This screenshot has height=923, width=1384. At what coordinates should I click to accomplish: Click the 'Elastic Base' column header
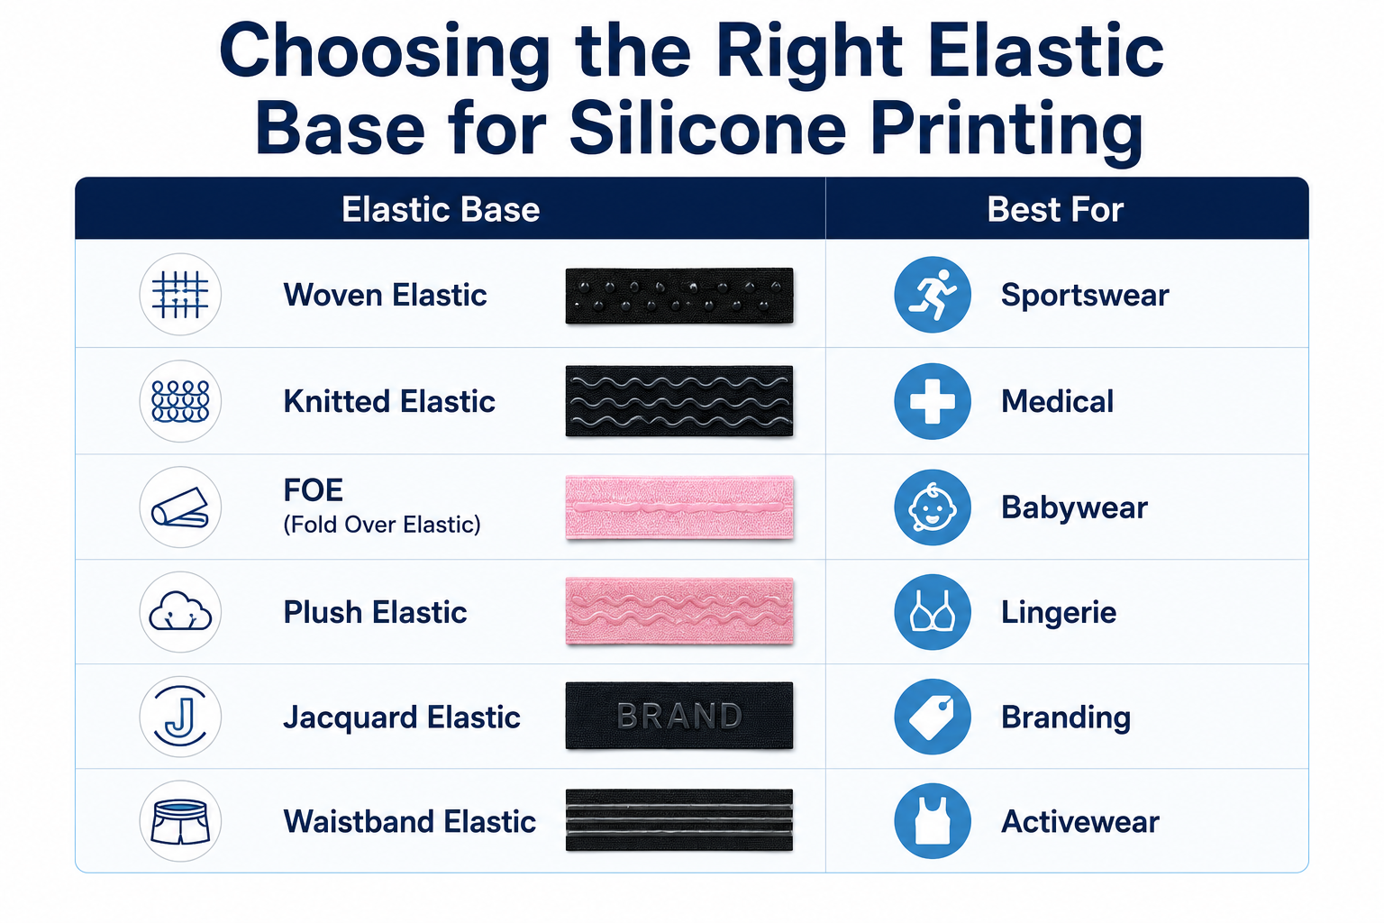coord(441,209)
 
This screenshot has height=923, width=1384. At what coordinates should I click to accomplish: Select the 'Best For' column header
coord(1055,209)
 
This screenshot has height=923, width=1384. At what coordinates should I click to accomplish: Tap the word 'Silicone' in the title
coord(707,129)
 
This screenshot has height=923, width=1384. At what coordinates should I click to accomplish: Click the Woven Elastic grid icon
coord(180,294)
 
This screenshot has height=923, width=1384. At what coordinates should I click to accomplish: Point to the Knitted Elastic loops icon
coord(180,401)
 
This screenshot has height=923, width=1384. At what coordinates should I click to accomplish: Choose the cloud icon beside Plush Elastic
coord(180,612)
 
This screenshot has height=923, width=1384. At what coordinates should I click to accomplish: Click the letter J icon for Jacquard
coord(180,717)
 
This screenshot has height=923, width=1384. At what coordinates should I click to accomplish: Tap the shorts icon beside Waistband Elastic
coord(180,822)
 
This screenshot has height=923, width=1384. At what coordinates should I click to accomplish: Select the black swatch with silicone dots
coord(679,296)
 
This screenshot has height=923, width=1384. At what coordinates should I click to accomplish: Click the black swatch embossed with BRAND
coord(679,716)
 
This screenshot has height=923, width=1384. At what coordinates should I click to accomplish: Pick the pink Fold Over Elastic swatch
coord(679,507)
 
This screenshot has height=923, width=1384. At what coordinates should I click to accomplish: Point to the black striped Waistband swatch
coord(679,820)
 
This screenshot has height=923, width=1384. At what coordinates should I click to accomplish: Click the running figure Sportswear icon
coord(933,294)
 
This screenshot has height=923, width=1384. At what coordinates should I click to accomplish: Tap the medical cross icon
coord(933,401)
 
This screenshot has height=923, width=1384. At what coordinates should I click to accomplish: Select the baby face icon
coord(933,507)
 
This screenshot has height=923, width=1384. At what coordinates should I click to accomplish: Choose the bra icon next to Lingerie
coord(933,612)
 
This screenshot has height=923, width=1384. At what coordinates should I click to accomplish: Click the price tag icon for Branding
coord(933,717)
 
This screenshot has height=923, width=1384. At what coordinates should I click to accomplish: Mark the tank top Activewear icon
coord(933,822)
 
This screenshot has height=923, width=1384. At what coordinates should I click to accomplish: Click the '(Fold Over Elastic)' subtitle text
coord(382,525)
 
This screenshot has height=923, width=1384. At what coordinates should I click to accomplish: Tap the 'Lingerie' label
coord(1059,613)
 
